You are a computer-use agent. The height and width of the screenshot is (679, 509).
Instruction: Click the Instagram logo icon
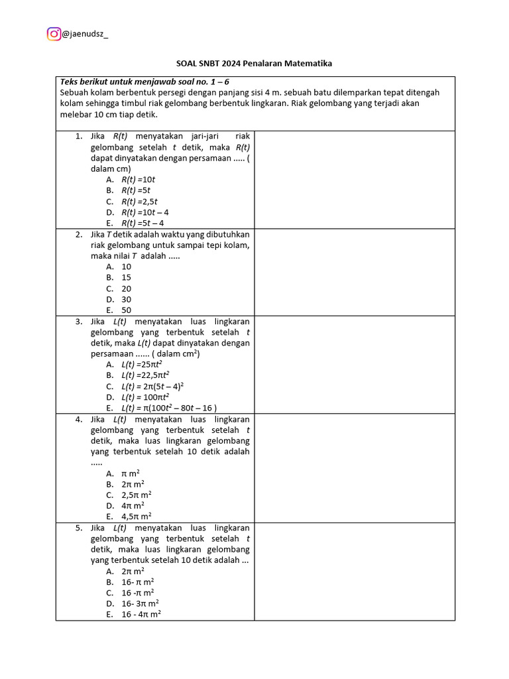(x=54, y=34)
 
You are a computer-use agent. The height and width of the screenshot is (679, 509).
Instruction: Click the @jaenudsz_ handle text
(x=85, y=34)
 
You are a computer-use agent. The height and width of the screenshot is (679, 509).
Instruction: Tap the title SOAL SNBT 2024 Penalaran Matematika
(x=254, y=64)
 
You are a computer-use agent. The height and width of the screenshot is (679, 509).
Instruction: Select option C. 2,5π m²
(x=129, y=495)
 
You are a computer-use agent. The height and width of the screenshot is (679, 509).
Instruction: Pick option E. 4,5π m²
(x=129, y=517)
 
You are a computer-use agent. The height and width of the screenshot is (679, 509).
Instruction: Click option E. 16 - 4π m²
(x=133, y=615)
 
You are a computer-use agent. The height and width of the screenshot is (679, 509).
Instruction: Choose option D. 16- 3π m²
(x=132, y=604)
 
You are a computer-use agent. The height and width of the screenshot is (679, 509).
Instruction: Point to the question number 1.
(x=78, y=137)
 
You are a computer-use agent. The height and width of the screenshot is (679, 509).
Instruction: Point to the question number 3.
(x=78, y=322)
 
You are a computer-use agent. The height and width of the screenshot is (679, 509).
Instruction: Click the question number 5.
(x=78, y=528)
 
